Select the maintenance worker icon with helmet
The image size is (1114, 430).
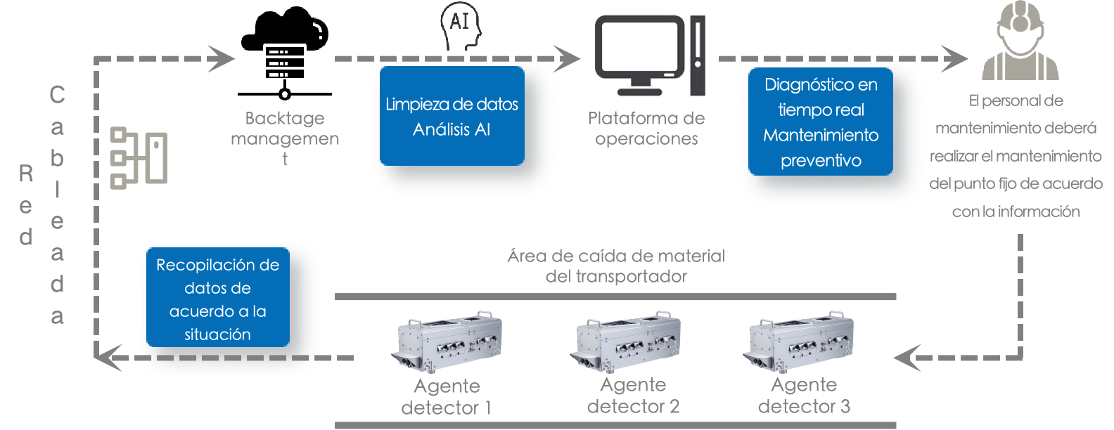[1020, 41]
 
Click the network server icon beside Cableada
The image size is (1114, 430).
[139, 157]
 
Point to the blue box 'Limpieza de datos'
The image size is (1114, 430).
[452, 117]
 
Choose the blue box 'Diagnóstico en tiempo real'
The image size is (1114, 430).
[821, 122]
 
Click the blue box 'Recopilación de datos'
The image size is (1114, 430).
[217, 299]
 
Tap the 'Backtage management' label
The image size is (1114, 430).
[285, 138]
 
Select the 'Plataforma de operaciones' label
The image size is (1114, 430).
[646, 129]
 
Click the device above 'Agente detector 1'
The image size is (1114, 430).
[447, 341]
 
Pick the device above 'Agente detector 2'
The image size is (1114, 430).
[625, 341]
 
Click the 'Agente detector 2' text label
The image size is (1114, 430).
[633, 396]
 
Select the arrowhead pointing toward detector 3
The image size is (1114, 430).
[907, 357]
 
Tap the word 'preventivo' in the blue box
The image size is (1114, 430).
[821, 161]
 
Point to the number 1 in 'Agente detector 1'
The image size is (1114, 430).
[486, 408]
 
